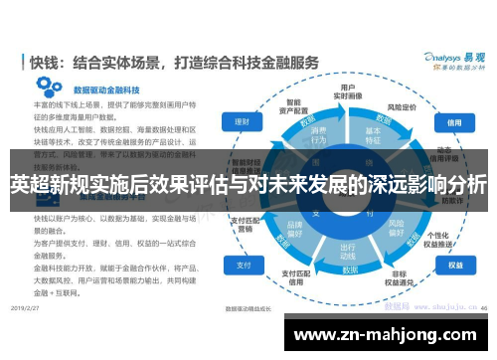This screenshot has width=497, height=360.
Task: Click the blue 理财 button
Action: [241, 121]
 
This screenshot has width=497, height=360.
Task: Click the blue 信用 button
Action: [454, 124]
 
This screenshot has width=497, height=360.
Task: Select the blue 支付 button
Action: [242, 266]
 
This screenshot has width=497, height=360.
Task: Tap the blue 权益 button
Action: [455, 266]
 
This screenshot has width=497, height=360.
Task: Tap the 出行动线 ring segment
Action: [348, 251]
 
